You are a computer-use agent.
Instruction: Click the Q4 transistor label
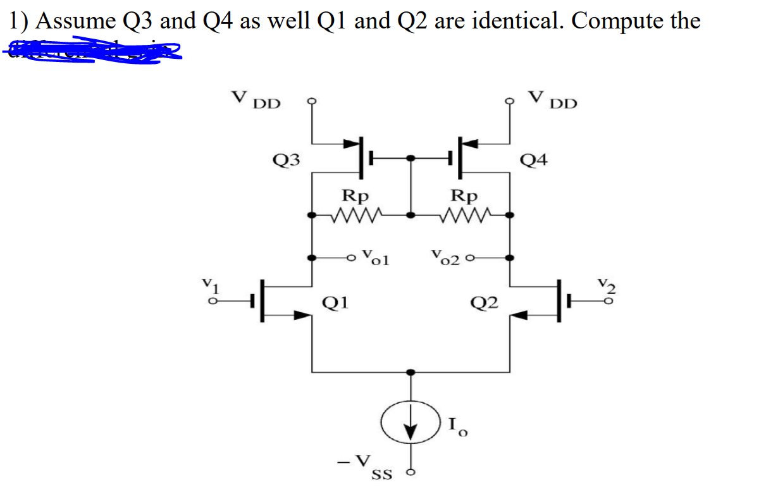(x=533, y=159)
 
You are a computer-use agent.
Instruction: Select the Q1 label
(x=334, y=304)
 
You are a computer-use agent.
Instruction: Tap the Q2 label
(x=485, y=305)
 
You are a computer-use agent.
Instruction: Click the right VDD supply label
(x=553, y=100)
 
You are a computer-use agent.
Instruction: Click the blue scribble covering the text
(x=95, y=51)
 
